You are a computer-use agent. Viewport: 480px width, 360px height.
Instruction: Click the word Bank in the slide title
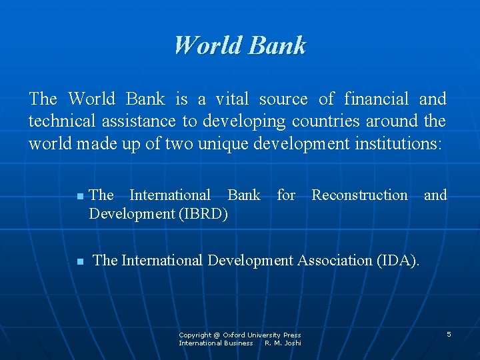pyautogui.click(x=277, y=45)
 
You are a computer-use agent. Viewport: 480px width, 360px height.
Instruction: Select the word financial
pyautogui.click(x=377, y=99)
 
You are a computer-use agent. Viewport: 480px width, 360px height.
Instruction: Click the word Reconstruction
pyautogui.click(x=359, y=195)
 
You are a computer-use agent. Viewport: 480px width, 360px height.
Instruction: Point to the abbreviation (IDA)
pyautogui.click(x=398, y=260)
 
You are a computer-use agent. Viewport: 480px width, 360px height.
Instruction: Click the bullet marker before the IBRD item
pyautogui.click(x=79, y=197)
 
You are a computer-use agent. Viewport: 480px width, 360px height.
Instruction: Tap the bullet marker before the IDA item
pyautogui.click(x=79, y=262)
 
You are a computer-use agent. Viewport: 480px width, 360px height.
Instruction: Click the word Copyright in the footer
pyautogui.click(x=195, y=335)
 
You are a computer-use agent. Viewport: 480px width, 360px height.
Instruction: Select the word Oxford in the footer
pyautogui.click(x=235, y=335)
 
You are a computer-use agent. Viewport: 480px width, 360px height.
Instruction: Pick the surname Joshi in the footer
pyautogui.click(x=292, y=343)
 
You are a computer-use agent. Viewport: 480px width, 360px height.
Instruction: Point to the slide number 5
pyautogui.click(x=449, y=333)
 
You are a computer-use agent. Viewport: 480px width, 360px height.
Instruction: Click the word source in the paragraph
pyautogui.click(x=283, y=99)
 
